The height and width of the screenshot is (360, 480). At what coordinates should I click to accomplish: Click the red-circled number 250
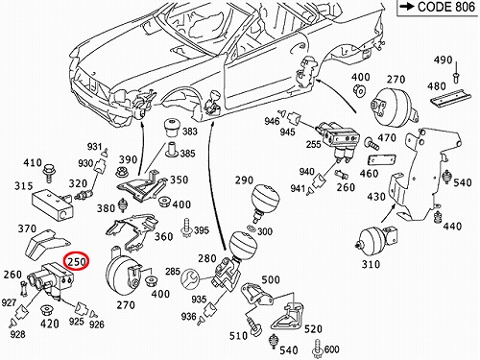(x=77, y=262)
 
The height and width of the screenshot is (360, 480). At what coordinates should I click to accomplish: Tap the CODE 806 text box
(x=439, y=8)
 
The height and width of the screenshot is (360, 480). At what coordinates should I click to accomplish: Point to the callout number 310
(x=371, y=264)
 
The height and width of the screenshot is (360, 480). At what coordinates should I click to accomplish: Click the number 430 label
(x=376, y=196)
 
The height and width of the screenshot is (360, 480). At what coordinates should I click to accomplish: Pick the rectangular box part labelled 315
(x=53, y=204)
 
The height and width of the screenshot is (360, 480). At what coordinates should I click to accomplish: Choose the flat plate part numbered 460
(x=382, y=160)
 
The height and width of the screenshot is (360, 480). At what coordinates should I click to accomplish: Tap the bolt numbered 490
(x=456, y=75)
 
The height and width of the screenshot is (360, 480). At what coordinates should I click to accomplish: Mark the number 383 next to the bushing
(x=190, y=132)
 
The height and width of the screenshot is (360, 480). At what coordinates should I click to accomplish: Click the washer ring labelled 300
(x=252, y=228)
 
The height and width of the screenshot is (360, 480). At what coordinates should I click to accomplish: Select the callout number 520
(x=313, y=329)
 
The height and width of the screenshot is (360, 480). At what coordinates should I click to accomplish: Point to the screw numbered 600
(x=317, y=349)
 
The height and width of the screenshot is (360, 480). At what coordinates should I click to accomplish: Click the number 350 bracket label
(x=179, y=180)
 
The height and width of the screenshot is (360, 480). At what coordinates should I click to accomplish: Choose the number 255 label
(x=313, y=144)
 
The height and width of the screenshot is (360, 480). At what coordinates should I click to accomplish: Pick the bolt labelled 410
(x=49, y=173)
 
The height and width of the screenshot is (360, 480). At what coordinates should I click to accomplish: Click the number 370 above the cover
(x=27, y=228)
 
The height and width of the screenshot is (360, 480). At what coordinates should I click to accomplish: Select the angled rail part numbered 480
(x=451, y=99)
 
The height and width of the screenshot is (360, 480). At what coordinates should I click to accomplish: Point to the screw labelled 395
(x=186, y=228)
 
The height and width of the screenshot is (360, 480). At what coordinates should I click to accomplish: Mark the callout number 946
(x=272, y=121)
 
